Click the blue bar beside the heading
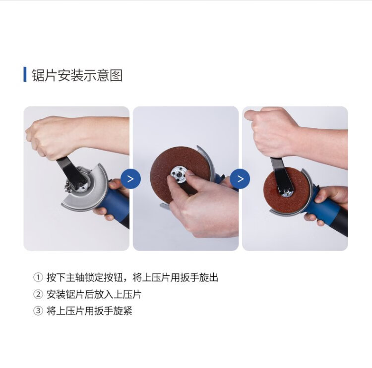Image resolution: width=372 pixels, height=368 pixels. click(x=25, y=74)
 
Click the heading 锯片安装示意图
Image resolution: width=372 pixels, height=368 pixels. click(x=77, y=75)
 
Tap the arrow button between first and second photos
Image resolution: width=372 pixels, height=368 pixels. click(x=130, y=179)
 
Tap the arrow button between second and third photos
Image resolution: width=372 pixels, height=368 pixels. click(x=240, y=179)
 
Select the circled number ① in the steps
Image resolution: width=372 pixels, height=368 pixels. click(x=38, y=277)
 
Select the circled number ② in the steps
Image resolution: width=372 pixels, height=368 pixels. click(x=38, y=294)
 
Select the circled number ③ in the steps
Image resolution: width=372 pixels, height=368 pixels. click(x=38, y=311)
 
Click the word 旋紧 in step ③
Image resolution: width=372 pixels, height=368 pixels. click(x=123, y=311)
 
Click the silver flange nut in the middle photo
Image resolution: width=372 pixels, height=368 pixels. click(x=179, y=175)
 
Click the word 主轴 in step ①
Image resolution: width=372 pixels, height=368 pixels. click(x=75, y=277)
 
